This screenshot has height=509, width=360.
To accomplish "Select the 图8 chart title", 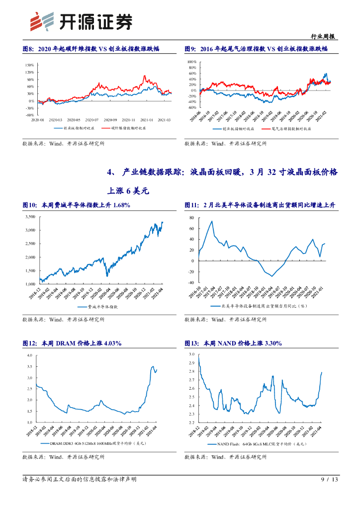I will click(x=96, y=49).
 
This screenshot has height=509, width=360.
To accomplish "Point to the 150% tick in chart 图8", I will click(x=29, y=65).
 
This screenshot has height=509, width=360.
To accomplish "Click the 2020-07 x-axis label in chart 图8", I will click(x=92, y=120).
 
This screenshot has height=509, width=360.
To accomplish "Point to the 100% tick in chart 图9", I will click(x=191, y=62).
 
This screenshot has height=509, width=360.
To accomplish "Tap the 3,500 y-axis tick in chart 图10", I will click(x=29, y=217).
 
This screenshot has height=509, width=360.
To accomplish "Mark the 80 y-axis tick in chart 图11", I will click(x=192, y=218).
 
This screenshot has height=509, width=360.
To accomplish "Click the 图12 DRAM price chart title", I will click(x=72, y=343).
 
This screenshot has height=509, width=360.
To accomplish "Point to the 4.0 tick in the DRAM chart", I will click(x=29, y=356).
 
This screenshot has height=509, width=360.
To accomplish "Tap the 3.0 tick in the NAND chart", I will click(x=191, y=354).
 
